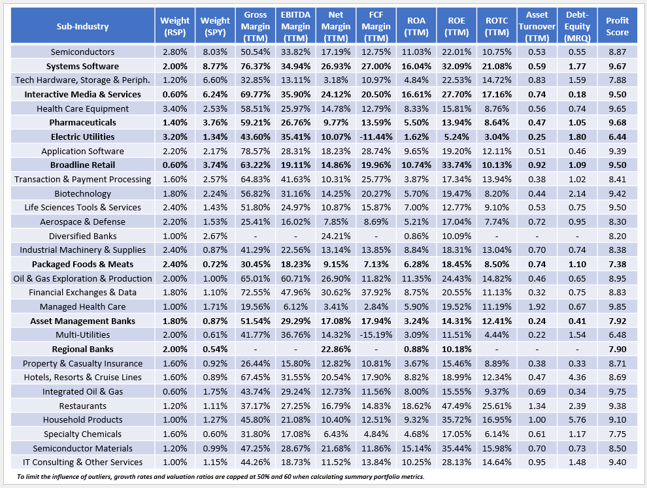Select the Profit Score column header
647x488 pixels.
pyautogui.click(x=617, y=26)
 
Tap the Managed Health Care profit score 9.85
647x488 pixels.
pyautogui.click(x=617, y=306)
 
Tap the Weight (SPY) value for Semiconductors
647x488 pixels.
pyautogui.click(x=215, y=52)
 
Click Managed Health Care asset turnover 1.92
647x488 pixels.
pyautogui.click(x=536, y=306)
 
